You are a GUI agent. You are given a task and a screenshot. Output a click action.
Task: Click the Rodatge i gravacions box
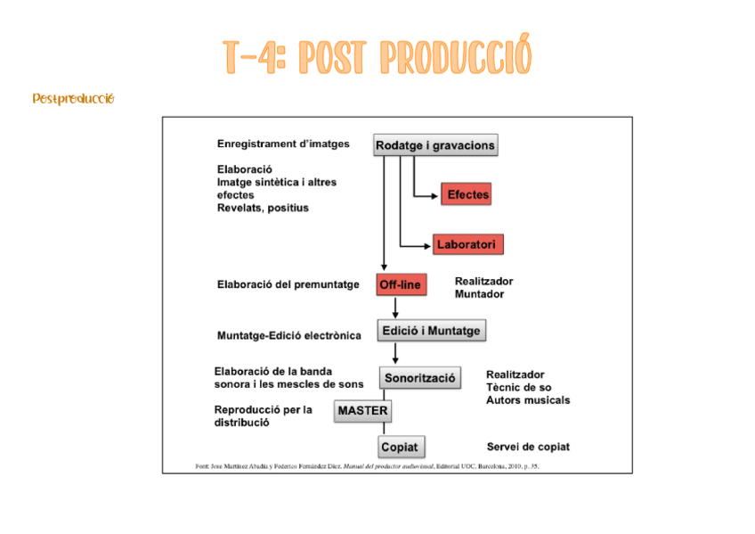click(x=434, y=145)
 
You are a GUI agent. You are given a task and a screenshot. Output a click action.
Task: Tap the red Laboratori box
click(x=469, y=243)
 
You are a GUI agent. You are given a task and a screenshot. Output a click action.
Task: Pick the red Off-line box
click(x=401, y=285)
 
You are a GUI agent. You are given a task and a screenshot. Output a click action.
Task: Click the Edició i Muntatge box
click(x=431, y=331)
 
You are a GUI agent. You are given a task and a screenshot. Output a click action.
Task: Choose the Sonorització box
click(x=420, y=379)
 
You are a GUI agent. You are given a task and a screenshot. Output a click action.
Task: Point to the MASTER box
click(x=362, y=411)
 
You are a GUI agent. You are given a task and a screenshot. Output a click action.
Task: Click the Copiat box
click(x=399, y=447)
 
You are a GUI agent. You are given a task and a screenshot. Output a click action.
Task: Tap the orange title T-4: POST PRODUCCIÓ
click(x=377, y=57)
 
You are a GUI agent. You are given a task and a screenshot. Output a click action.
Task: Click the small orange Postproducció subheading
click(x=73, y=98)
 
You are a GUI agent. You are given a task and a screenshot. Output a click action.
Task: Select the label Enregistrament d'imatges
click(x=283, y=144)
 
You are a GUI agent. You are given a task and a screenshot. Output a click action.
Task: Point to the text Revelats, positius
click(x=263, y=208)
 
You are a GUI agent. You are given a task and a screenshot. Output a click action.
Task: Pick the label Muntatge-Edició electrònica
click(x=289, y=336)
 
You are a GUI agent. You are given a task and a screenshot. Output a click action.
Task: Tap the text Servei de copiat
click(x=528, y=447)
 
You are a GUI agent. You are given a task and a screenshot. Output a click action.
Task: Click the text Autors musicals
click(x=528, y=400)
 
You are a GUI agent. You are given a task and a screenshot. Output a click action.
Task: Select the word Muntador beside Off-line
click(x=479, y=294)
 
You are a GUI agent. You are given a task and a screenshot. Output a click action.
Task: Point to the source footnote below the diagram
click(x=367, y=466)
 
